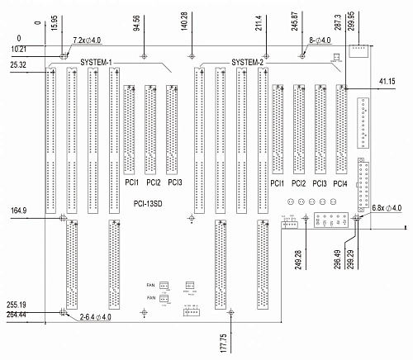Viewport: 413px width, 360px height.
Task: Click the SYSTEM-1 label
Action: pos(97,63)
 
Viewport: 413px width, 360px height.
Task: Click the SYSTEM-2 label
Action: pos(248,63)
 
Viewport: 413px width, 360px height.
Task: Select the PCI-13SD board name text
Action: pos(147,202)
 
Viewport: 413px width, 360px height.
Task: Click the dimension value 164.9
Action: pos(18,211)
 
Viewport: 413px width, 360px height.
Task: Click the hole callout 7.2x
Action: pos(87,40)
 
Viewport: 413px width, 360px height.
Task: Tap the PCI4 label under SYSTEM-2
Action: pos(340,183)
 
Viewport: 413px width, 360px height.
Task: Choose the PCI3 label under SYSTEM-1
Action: pos(173,182)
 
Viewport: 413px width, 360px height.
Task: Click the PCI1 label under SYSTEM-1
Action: pos(131,182)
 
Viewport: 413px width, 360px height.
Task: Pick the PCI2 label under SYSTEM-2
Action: pos(298,183)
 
